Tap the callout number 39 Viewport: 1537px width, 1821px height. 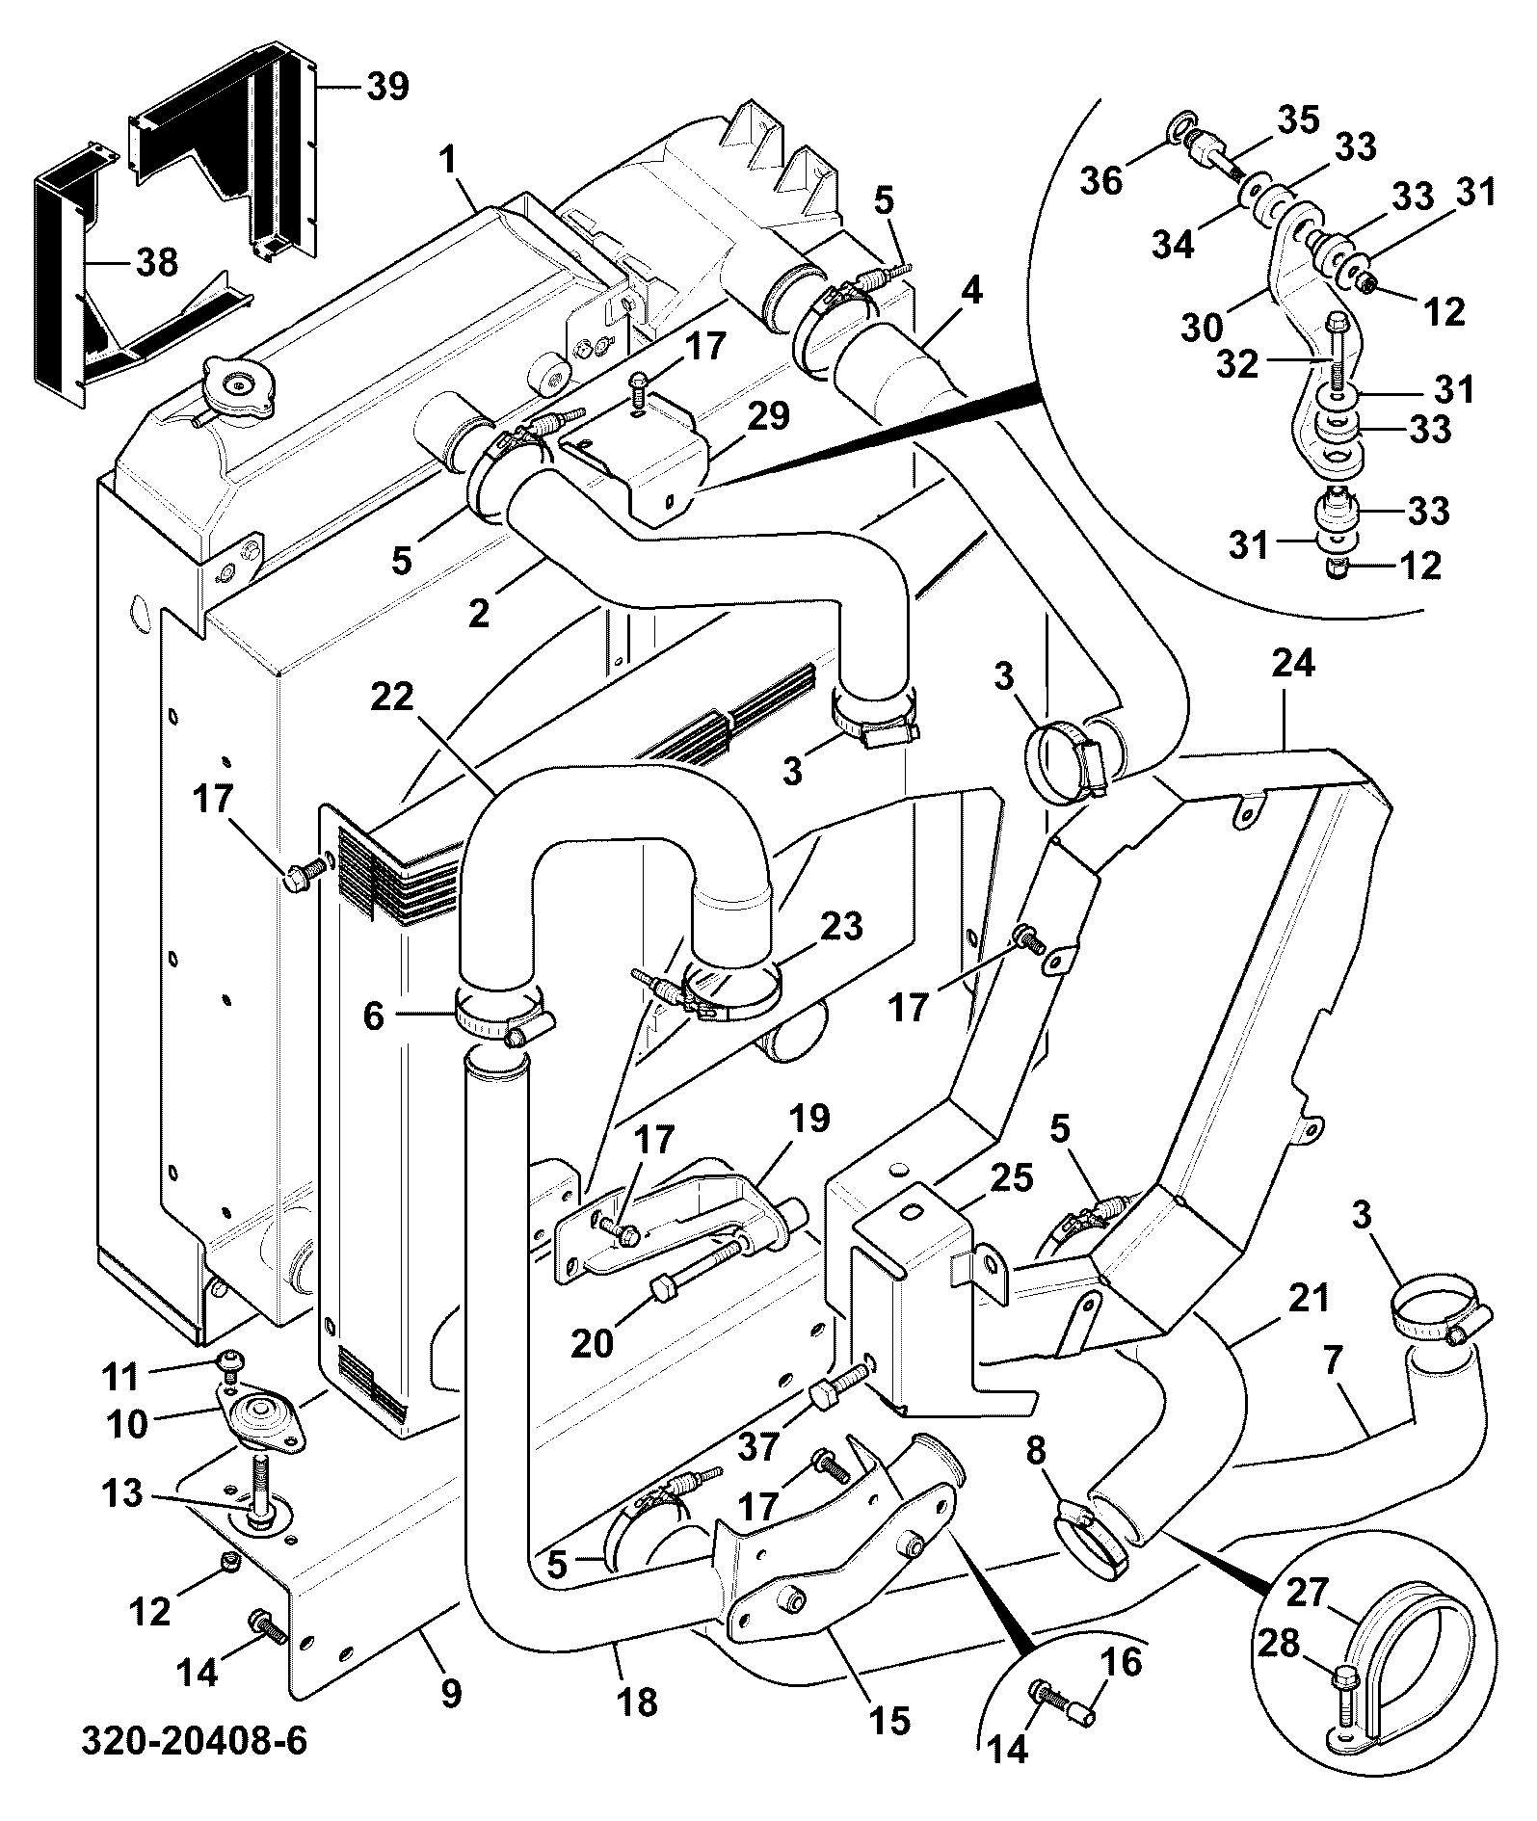(387, 87)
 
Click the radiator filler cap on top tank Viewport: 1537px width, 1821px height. (235, 391)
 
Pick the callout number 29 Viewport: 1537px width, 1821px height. (767, 416)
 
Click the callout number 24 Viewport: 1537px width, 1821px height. (1292, 664)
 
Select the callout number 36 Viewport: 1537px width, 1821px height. (1101, 179)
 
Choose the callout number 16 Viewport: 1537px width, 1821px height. (1119, 1663)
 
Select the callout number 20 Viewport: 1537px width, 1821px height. (593, 1342)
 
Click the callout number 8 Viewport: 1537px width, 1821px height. (1036, 1451)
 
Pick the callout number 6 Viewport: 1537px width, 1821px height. (373, 1016)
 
